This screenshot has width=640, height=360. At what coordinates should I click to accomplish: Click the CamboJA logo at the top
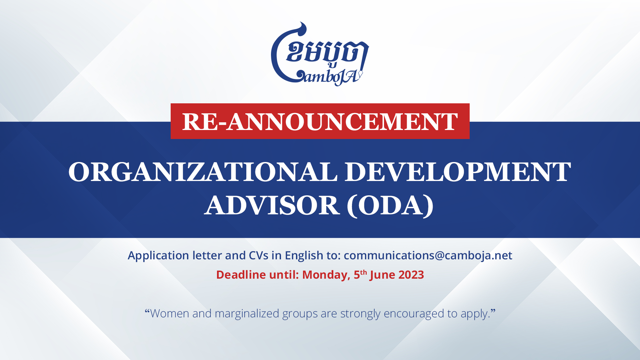click(320, 54)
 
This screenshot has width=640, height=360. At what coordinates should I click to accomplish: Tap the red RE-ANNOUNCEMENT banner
click(320, 121)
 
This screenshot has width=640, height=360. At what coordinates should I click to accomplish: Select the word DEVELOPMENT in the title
click(458, 172)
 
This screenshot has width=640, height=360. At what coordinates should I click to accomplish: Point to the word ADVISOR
click(272, 205)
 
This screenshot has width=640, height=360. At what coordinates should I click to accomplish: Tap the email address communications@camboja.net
click(428, 255)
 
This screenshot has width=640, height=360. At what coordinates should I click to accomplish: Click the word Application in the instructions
click(158, 256)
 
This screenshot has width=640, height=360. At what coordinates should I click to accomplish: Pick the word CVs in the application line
click(259, 255)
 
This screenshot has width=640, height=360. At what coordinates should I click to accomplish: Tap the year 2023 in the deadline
click(411, 275)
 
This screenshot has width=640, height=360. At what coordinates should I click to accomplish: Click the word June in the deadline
click(383, 275)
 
